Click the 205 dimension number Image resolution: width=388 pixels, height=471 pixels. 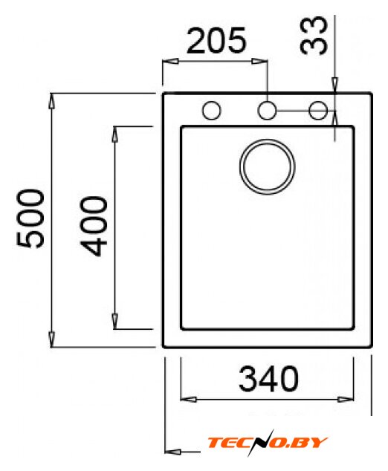pos(216,41)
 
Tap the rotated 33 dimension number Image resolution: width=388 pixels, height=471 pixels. pos(314,36)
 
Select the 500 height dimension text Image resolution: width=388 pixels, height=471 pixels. pos(30,218)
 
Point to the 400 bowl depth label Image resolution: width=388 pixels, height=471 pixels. pos(94,226)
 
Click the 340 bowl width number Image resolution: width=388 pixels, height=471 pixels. pos(268,379)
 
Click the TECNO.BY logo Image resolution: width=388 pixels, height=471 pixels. pos(267,443)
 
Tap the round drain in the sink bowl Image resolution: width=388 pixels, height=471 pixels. pos(267,166)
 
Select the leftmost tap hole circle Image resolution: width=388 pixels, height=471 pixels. pos(212,110)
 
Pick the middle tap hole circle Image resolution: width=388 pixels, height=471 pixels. pos(267,110)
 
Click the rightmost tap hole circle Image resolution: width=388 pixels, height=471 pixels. pos(318,110)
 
